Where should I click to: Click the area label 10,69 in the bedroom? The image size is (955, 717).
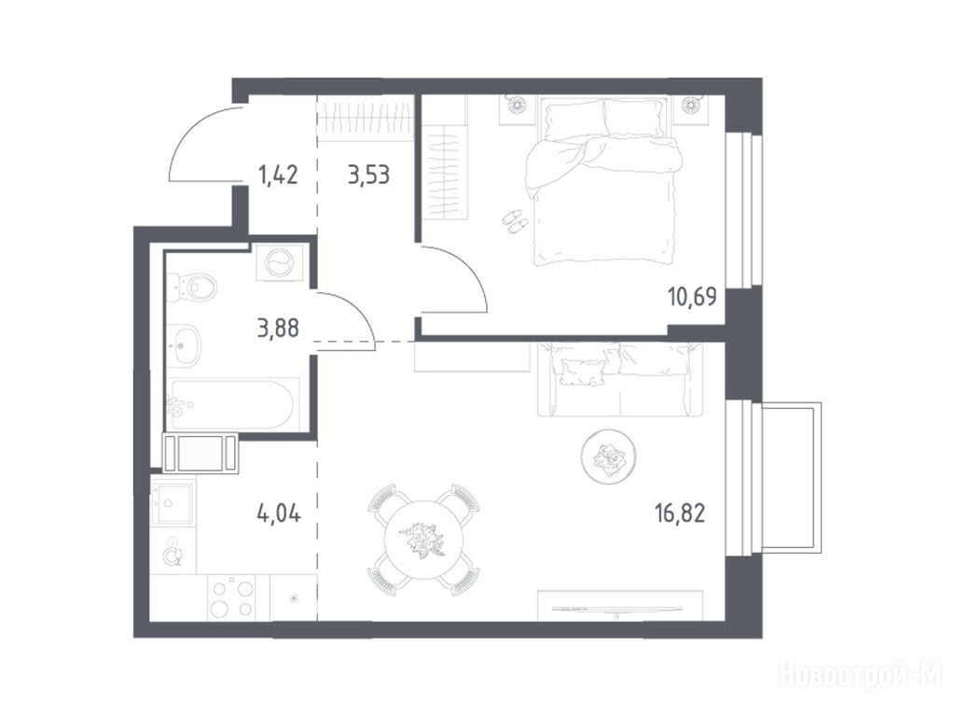pyautogui.click(x=692, y=297)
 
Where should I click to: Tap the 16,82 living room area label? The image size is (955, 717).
pyautogui.click(x=680, y=513)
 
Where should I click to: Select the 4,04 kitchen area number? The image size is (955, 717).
pyautogui.click(x=279, y=513)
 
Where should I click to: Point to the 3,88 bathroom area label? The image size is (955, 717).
pyautogui.click(x=278, y=329)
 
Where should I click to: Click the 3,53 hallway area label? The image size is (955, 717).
pyautogui.click(x=368, y=175)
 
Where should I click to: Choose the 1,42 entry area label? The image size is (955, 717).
pyautogui.click(x=278, y=175)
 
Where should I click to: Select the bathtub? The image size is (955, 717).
pyautogui.click(x=233, y=404)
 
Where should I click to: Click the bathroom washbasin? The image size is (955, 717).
pyautogui.click(x=184, y=345)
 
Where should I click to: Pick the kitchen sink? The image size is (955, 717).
pyautogui.click(x=173, y=502)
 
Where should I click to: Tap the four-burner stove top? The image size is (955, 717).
pyautogui.click(x=231, y=598)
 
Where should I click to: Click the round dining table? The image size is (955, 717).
pyautogui.click(x=423, y=540)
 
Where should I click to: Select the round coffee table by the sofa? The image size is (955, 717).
pyautogui.click(x=608, y=456)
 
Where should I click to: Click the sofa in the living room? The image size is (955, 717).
pyautogui.click(x=619, y=379)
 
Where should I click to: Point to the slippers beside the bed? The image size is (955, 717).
pyautogui.click(x=515, y=221)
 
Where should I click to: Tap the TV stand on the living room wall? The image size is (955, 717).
pyautogui.click(x=620, y=606)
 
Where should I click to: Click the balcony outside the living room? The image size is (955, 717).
pyautogui.click(x=789, y=477)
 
